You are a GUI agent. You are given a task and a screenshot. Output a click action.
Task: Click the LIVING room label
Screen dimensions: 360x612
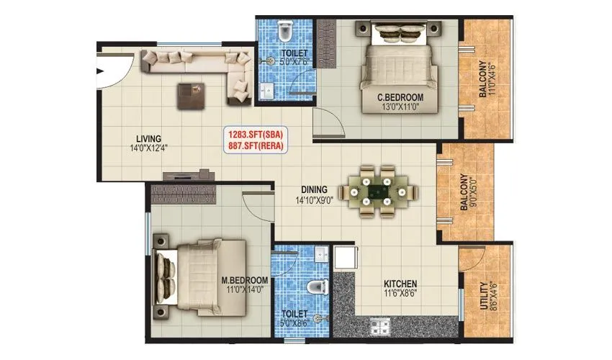pyautogui.click(x=151, y=138)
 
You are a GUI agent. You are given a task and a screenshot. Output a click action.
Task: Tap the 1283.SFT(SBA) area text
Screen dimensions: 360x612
pyautogui.click(x=256, y=134)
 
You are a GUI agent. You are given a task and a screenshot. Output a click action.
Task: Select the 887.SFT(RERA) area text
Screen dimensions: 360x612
pyautogui.click(x=256, y=146)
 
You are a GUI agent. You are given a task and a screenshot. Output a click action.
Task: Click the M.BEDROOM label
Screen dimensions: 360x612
pyautogui.click(x=246, y=280)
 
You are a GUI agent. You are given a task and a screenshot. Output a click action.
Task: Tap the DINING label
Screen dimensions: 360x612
pyautogui.click(x=315, y=192)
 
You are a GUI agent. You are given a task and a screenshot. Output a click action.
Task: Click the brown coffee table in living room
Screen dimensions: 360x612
pyautogui.click(x=192, y=95)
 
